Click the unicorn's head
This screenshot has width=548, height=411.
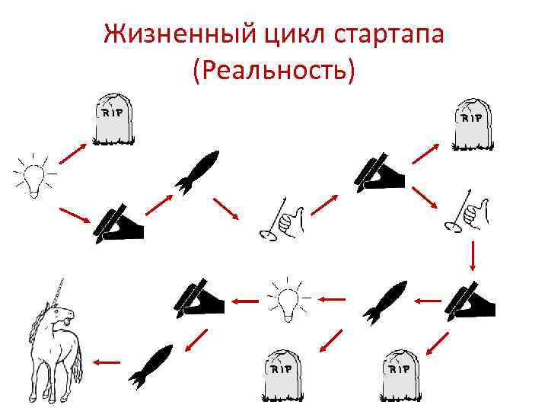tap(65, 313)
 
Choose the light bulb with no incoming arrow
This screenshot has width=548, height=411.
tap(31, 175)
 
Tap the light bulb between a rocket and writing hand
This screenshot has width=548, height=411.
tap(285, 299)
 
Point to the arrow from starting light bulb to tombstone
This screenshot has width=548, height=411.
tap(72, 151)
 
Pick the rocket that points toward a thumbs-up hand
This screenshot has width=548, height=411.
tap(196, 171)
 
